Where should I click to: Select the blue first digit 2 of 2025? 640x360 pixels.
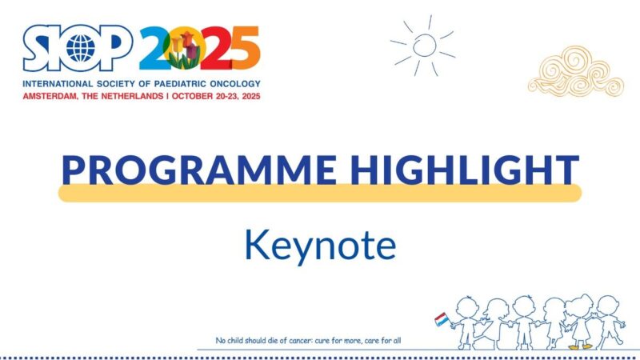point(155,48)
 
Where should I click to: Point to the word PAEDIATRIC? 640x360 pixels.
point(174,83)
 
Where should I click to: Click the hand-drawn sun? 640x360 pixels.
point(424,44)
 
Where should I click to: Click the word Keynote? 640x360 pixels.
point(320,245)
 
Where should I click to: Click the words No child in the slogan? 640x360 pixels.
point(231,341)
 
